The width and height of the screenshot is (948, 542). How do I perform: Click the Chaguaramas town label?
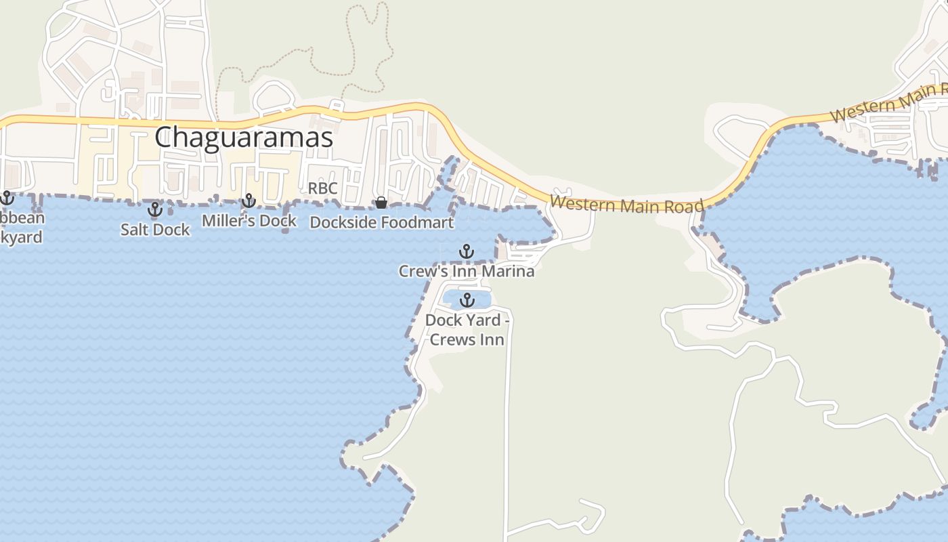244,138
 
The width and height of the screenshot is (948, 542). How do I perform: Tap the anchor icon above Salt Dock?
155,209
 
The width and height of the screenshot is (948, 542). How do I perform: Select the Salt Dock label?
155,230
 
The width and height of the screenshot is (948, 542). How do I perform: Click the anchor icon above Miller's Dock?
249,201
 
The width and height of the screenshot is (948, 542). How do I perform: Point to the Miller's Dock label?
249,221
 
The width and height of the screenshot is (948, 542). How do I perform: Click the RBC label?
322,188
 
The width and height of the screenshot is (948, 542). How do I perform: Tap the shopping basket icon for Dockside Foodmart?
381,203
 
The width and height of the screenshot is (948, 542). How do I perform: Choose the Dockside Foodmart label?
381,222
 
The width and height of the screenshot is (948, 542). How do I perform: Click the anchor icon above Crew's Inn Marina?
466,252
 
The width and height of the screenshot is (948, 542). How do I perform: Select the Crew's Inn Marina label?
466,272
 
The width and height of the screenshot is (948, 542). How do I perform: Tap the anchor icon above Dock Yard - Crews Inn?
467,300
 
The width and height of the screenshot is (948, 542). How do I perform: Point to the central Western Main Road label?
626,204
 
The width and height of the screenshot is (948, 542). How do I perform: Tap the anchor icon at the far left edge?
7,198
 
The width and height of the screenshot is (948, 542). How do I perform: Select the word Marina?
509,272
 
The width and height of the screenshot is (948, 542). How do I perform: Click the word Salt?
133,230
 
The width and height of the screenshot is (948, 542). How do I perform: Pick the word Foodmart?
416,222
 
